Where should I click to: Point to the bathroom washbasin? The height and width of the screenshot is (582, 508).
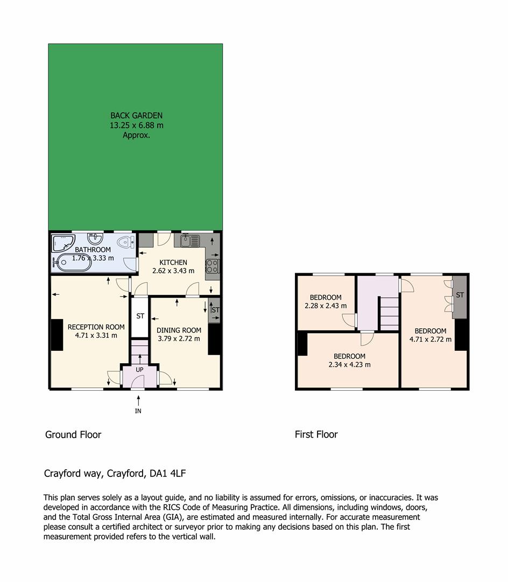[95, 238]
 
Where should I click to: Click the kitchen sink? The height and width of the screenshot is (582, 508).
[190, 241]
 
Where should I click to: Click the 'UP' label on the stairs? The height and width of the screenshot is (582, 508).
[139, 370]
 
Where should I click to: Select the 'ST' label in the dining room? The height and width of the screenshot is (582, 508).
[215, 310]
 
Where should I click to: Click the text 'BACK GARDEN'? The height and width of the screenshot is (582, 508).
[136, 115]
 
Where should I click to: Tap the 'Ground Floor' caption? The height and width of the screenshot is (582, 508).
[73, 434]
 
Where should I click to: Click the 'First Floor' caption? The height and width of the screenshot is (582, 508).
[316, 434]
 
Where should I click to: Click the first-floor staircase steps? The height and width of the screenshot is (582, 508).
[389, 314]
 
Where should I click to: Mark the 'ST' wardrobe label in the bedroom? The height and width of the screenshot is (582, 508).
[460, 295]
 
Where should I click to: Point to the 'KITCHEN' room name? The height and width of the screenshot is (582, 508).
[173, 262]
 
